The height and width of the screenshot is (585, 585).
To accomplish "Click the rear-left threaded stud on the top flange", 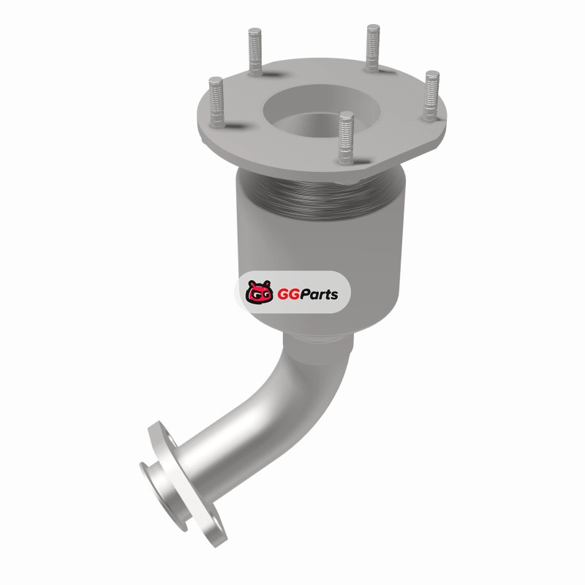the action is (x=255, y=51).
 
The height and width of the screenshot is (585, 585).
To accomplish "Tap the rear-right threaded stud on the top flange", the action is (x=373, y=48).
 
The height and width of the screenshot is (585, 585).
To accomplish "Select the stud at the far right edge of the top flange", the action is (x=431, y=96).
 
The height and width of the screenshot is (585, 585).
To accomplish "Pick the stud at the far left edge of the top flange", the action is (x=216, y=102).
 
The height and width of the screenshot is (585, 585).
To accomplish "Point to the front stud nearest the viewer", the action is (x=346, y=137).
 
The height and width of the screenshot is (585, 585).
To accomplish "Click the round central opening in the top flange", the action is (x=320, y=111).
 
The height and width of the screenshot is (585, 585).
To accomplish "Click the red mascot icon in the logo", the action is (x=259, y=292).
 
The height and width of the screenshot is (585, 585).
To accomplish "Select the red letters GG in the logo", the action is (x=286, y=295).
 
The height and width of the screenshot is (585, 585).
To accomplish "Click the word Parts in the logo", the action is (x=317, y=295).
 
